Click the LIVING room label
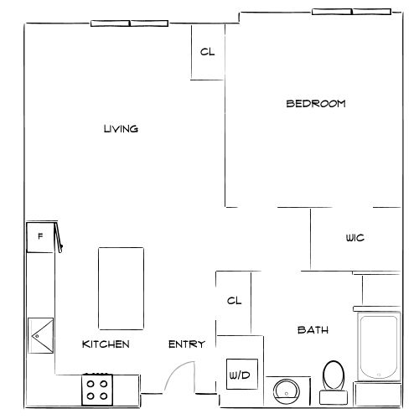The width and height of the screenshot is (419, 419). tap(121, 129)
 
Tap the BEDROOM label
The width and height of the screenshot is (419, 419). tap(316, 104)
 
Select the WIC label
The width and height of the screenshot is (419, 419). tap(354, 238)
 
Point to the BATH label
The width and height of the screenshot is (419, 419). tap(313, 330)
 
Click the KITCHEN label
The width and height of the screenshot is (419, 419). tap(106, 344)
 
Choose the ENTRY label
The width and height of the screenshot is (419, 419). tap(186, 344)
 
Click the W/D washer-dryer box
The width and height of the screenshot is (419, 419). tap(240, 375)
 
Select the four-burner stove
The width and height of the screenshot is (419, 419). tap(97, 388)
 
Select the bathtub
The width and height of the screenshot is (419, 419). tap(378, 347)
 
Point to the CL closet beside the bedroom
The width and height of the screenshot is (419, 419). tap(207, 52)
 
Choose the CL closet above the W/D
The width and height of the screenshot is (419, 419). tap(235, 301)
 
